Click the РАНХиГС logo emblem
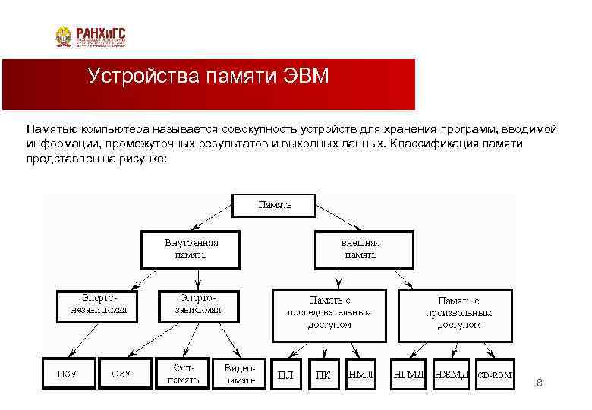pos(65,36)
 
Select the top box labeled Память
pos(274,205)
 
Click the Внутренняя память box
pos(191,249)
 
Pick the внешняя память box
pos(360,249)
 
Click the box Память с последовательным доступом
pos(329,312)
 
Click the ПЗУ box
pos(68,374)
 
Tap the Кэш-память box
pos(182,373)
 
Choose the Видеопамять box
pos(239,373)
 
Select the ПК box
pos(323,374)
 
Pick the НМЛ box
pos(361,374)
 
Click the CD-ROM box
pos(494,374)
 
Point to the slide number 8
pos(540,383)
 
